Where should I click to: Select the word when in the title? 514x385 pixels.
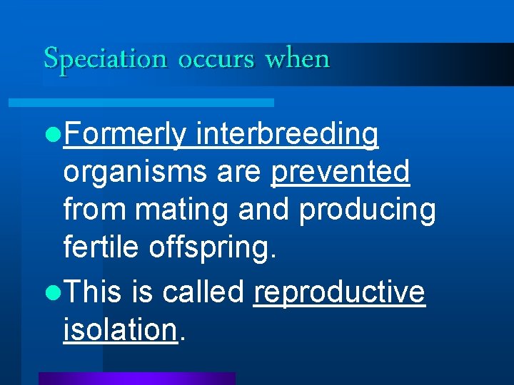[297, 58]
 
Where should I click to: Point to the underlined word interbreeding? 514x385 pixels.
[287, 135]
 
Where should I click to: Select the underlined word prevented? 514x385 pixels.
[341, 172]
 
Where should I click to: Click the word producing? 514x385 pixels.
[367, 210]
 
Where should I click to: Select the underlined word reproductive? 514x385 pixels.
[339, 293]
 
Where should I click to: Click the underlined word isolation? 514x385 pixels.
[119, 329]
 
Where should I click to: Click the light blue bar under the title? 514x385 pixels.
[141, 103]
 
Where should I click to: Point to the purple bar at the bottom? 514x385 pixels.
[136, 378]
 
